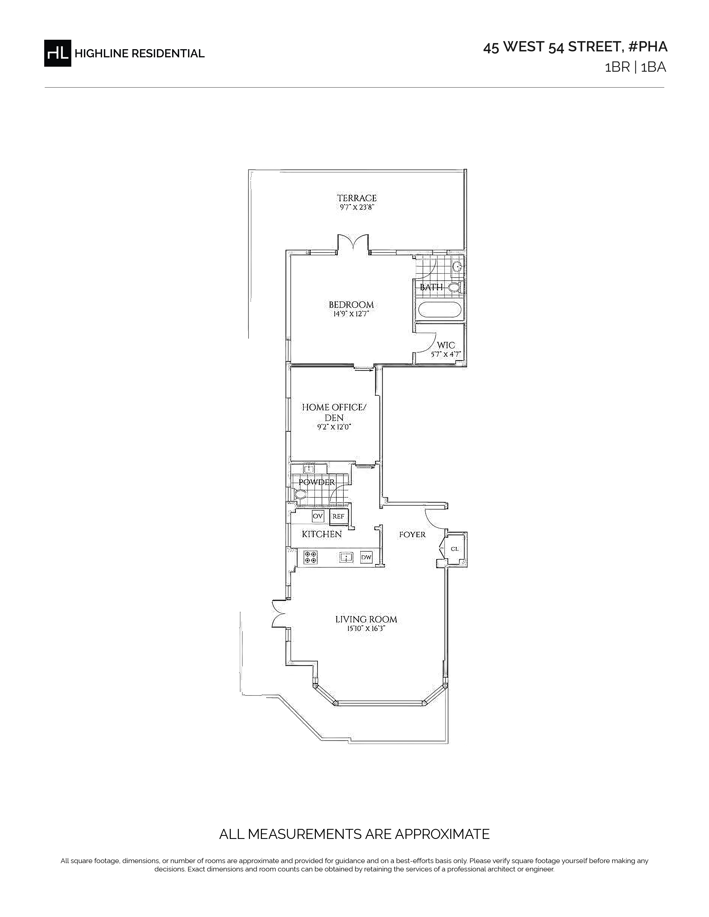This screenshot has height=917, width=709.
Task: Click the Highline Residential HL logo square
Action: click(x=58, y=53)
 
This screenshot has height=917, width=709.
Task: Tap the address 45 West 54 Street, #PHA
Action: click(x=575, y=47)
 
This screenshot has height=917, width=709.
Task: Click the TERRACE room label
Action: click(x=357, y=198)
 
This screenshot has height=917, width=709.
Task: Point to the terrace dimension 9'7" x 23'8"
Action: click(x=356, y=207)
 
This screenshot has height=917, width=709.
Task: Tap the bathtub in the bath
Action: click(x=440, y=310)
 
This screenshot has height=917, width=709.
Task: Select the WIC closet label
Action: click(x=446, y=345)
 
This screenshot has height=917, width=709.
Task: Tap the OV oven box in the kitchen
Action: click(x=318, y=516)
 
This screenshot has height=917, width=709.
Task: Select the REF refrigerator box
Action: click(x=338, y=517)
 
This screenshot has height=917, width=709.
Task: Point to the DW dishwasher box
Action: click(x=366, y=557)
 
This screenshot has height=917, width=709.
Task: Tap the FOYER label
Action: click(x=412, y=534)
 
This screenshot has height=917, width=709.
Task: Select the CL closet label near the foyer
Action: click(x=455, y=549)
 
